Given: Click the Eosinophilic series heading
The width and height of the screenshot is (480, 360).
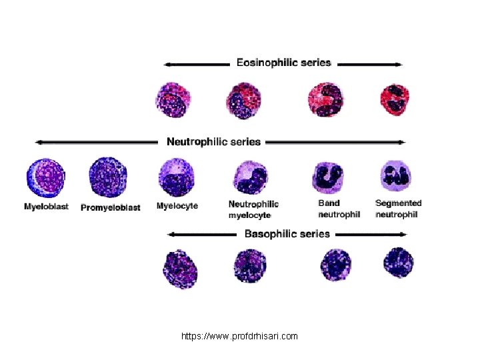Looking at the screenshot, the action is click(283, 63).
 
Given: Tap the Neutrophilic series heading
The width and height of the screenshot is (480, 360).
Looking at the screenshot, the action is click(213, 141).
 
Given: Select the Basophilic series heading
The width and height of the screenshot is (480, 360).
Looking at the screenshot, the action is click(287, 234).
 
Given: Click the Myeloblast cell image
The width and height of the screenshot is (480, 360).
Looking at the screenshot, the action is click(46, 178).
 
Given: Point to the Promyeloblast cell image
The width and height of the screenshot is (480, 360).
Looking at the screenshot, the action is click(109, 177).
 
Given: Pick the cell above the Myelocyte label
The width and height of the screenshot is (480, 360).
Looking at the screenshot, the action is click(177, 177).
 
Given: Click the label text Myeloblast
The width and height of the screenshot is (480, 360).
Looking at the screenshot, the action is click(46, 207).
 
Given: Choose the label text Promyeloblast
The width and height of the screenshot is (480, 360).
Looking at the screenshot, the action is click(111, 207).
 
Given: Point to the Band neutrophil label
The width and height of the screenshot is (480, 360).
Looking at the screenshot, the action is click(339, 209).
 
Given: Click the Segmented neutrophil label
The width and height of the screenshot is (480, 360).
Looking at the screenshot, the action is click(398, 209).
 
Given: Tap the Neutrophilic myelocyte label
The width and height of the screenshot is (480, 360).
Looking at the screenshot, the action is click(253, 209).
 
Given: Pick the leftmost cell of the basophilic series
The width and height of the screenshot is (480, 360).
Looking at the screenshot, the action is click(180, 268).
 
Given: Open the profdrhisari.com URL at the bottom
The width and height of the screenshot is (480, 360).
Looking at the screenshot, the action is click(239, 337).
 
